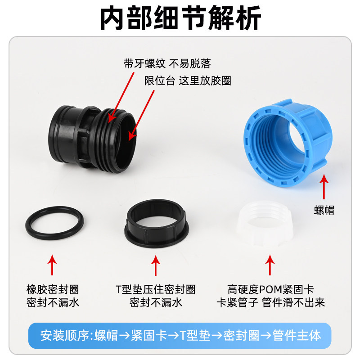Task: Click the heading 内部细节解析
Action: click(181, 18)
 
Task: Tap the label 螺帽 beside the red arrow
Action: click(324, 210)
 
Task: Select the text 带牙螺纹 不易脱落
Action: click(167, 63)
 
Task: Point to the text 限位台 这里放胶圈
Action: click(188, 81)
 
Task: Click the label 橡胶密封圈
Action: click(53, 289)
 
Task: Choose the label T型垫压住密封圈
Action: click(156, 289)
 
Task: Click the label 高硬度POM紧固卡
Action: click(270, 289)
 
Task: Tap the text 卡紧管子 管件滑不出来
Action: click(271, 302)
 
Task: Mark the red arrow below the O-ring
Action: click(52, 265)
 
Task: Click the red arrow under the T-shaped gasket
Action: click(156, 265)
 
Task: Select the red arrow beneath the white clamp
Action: click(270, 265)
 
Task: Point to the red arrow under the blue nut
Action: click(324, 187)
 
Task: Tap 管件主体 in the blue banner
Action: click(297, 335)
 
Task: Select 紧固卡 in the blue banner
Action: click(149, 335)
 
